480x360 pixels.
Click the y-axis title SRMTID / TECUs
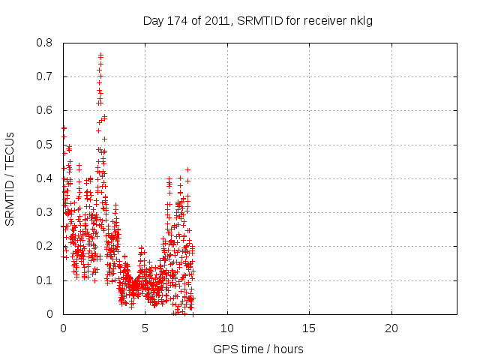click(x=10, y=178)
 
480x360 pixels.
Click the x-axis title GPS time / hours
click(x=258, y=349)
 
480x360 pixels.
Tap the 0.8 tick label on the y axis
click(x=46, y=43)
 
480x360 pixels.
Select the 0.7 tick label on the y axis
click(x=46, y=76)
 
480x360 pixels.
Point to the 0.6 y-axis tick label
click(x=46, y=110)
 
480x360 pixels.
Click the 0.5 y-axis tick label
click(x=46, y=145)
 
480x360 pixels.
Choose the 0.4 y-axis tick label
click(x=46, y=178)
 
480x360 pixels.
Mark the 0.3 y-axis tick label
click(x=46, y=212)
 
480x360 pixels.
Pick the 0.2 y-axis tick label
click(x=46, y=246)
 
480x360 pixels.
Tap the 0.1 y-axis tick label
click(x=46, y=280)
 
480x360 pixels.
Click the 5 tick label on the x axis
click(x=145, y=328)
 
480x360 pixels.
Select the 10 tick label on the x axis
click(x=226, y=328)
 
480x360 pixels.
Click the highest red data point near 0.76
click(x=100, y=55)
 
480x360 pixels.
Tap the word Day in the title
click(x=153, y=20)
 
